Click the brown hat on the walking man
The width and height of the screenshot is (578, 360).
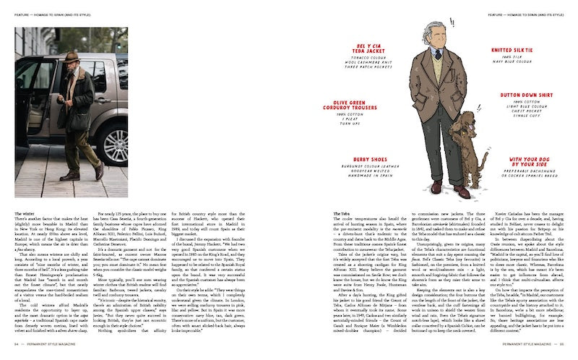[71, 56]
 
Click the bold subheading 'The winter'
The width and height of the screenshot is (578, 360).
[24, 215]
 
